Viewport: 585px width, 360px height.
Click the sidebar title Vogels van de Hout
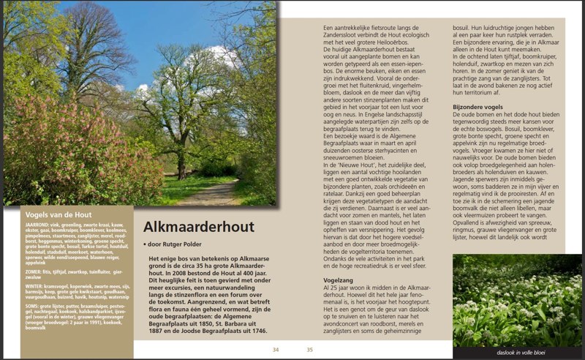coord(58,214)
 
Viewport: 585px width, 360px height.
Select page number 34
coord(276,350)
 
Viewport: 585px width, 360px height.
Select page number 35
coord(309,350)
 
